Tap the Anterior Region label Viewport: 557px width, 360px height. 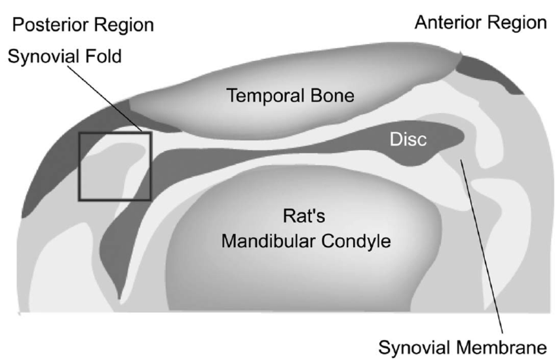pyautogui.click(x=480, y=23)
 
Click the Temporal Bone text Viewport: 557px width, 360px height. pyautogui.click(x=290, y=96)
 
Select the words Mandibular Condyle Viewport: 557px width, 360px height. pyautogui.click(x=305, y=241)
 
